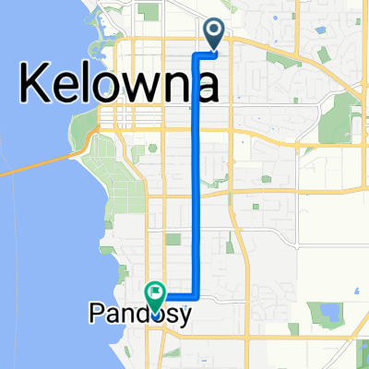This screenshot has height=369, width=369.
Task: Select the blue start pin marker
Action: tap(214, 34)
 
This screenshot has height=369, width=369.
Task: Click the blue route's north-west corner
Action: tap(196, 54)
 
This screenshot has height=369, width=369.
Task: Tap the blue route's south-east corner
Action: tap(196, 297)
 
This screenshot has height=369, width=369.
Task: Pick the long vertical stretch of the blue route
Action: tap(196, 175)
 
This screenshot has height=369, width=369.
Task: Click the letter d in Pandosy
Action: tap(138, 315)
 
